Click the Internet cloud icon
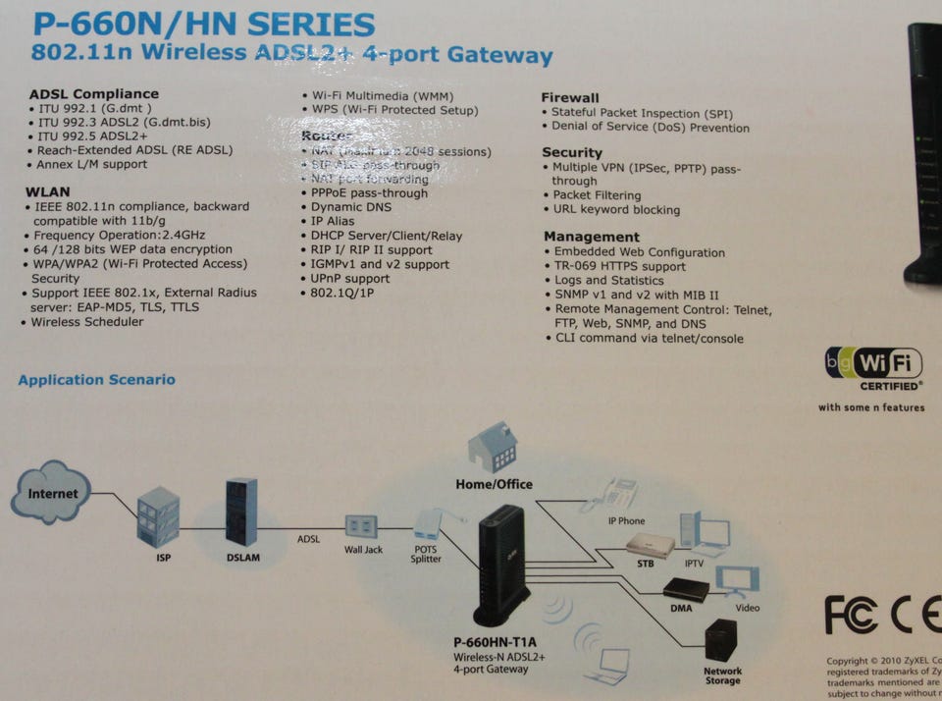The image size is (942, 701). pos(51,492)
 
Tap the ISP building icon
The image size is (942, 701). pos(158,516)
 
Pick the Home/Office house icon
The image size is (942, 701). pos(494,447)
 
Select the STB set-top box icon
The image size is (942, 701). pos(651,546)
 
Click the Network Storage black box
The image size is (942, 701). pos(720,638)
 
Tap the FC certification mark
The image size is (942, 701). pos(851,616)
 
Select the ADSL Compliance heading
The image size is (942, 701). pos(94,94)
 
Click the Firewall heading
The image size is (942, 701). pos(570,98)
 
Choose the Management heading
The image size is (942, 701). pos(592,237)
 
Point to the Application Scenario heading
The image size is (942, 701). pos(96,380)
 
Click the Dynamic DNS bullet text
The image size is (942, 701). pos(350,208)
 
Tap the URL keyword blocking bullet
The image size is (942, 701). pos(616,209)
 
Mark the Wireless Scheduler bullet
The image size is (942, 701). pos(86,321)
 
